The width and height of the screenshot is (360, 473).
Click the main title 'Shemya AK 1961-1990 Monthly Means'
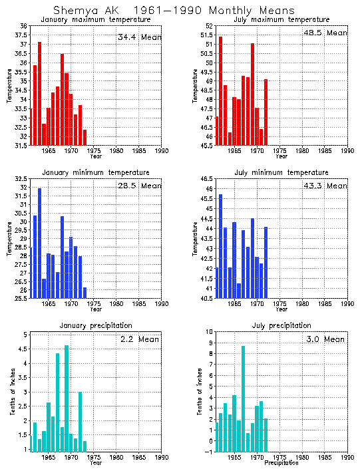(x=174, y=10)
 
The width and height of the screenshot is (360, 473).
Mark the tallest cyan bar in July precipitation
(x=243, y=399)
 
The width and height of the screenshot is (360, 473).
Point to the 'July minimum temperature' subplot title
(x=281, y=172)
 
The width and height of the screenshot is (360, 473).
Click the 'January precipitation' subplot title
(x=96, y=325)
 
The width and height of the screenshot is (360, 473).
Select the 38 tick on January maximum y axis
(x=23, y=26)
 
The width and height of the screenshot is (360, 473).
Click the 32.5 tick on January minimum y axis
(x=21, y=179)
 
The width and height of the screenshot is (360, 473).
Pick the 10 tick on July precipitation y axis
(x=209, y=331)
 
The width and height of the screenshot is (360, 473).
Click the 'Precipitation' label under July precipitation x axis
(x=281, y=463)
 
